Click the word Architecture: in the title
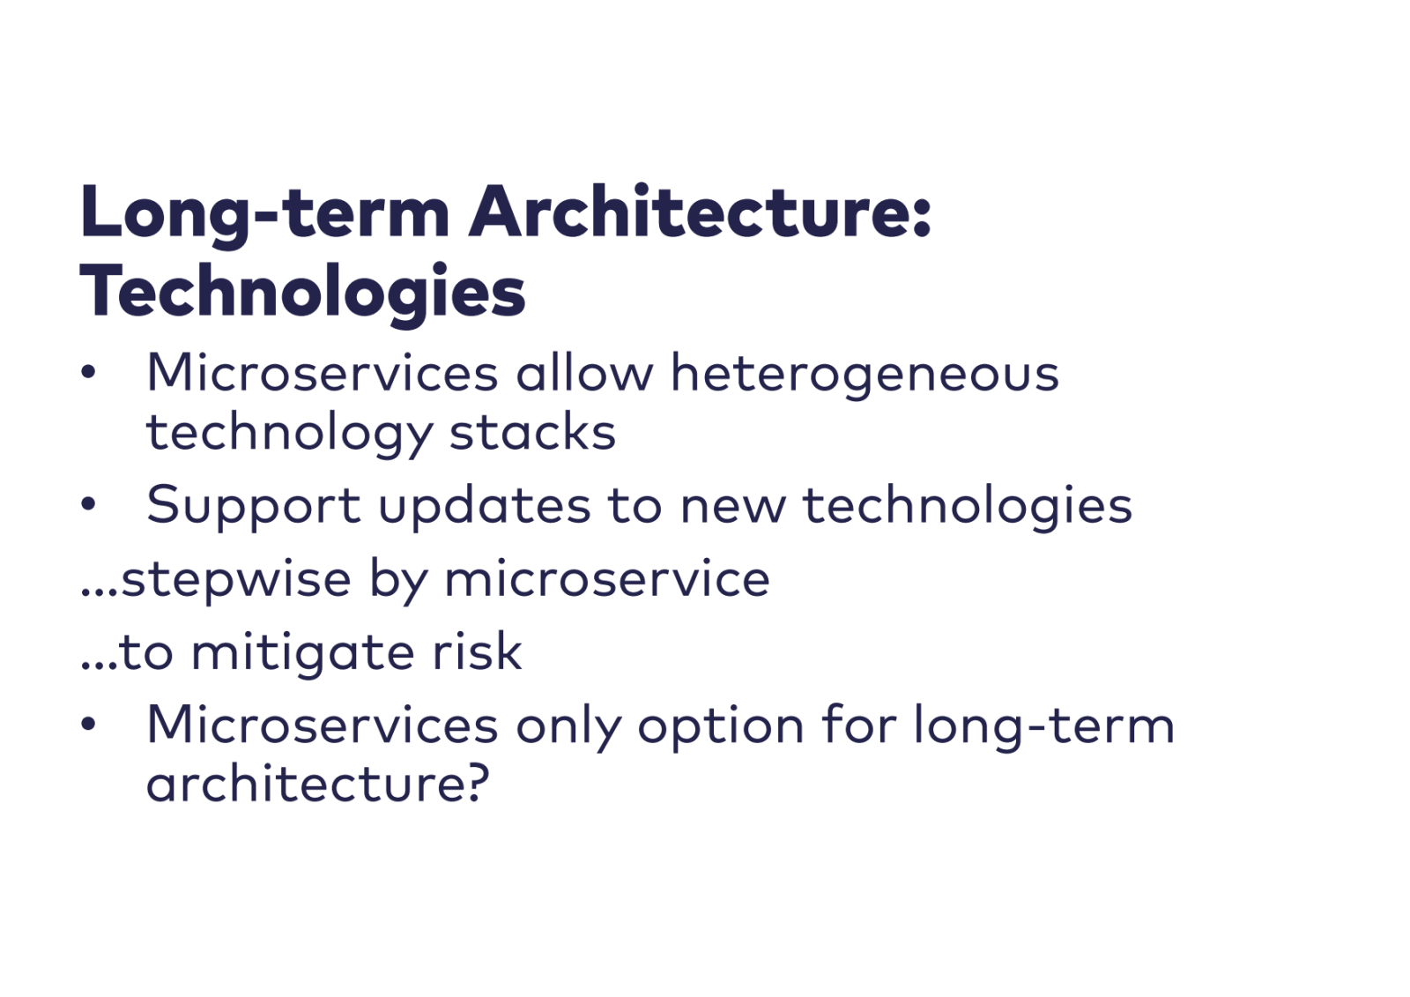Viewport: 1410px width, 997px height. pos(700,212)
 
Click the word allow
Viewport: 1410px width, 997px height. pos(584,373)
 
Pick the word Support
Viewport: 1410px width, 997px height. pos(254,507)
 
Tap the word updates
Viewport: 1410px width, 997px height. pos(485,507)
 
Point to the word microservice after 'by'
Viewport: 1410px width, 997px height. pos(607,578)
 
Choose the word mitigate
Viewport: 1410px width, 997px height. pos(302,654)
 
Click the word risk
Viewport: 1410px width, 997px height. pos(477,651)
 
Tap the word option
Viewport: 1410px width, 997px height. pos(721,728)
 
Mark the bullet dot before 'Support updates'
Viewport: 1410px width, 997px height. pos(88,503)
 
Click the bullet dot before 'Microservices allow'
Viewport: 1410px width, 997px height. pos(88,371)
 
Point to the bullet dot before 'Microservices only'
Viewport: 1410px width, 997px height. pos(88,724)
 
